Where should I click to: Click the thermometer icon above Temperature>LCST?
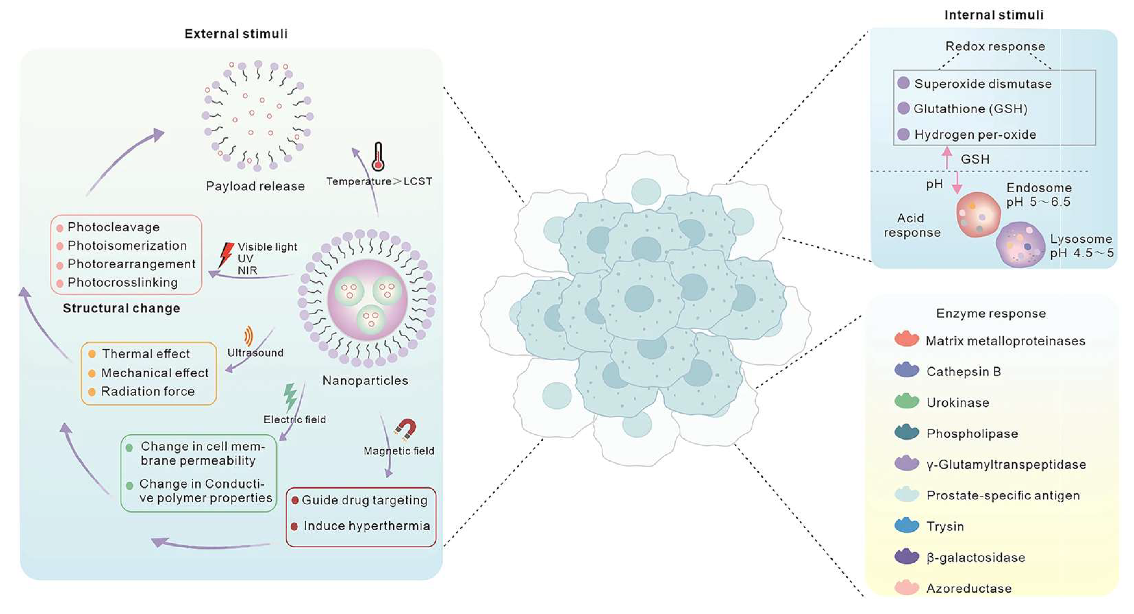(378, 157)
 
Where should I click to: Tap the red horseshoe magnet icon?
(405, 429)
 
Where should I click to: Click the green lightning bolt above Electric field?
(290, 396)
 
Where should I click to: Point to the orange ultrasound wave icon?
(249, 336)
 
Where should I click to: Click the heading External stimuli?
(236, 34)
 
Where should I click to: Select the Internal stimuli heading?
(994, 15)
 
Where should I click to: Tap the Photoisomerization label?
(127, 246)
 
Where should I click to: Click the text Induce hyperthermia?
(366, 526)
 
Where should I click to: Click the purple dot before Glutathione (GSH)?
(903, 108)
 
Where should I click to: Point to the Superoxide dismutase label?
(983, 84)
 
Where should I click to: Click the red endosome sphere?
(978, 215)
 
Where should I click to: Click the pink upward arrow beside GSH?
(947, 157)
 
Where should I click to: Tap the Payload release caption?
(255, 186)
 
